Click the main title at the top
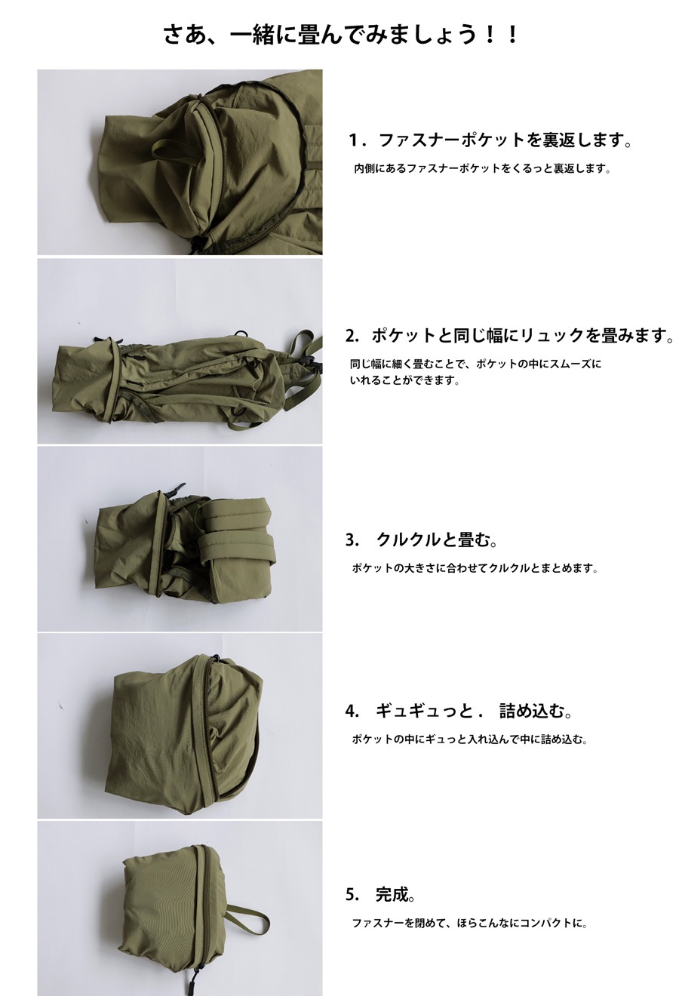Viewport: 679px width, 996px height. [340, 34]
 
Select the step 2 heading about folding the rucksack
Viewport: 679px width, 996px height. [509, 335]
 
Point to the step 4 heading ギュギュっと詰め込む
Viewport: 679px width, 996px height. [459, 711]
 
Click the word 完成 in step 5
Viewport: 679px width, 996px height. [392, 893]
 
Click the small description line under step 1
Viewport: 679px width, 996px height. [482, 169]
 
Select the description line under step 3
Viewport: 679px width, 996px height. [475, 568]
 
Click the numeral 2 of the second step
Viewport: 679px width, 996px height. [349, 336]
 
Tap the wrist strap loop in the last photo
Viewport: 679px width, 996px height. [249, 921]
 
